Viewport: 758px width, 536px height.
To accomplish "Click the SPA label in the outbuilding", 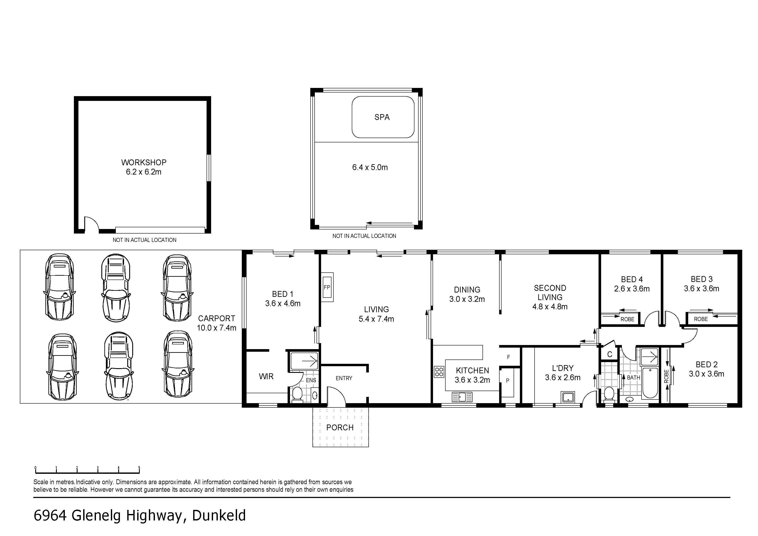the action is (x=382, y=117).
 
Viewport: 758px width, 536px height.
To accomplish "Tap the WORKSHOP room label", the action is (x=144, y=162).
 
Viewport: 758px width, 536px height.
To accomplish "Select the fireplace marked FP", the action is (x=327, y=287).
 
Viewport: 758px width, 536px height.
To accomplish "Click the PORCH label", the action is (x=340, y=427).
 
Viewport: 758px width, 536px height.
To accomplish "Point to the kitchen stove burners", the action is (x=439, y=372).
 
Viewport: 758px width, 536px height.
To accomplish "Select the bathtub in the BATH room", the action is (x=650, y=383).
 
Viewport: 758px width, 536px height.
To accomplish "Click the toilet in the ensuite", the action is (x=298, y=394).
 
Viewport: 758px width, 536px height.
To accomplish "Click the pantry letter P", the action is (x=508, y=380).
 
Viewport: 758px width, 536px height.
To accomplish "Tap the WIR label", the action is (x=266, y=376).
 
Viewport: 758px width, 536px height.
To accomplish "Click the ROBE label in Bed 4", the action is (x=627, y=319).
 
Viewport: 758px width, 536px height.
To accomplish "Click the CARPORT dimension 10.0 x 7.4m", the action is (x=217, y=328).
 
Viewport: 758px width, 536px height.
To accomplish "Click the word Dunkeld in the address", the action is (x=219, y=515).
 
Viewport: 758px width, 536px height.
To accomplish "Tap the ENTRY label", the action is (x=344, y=378).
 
